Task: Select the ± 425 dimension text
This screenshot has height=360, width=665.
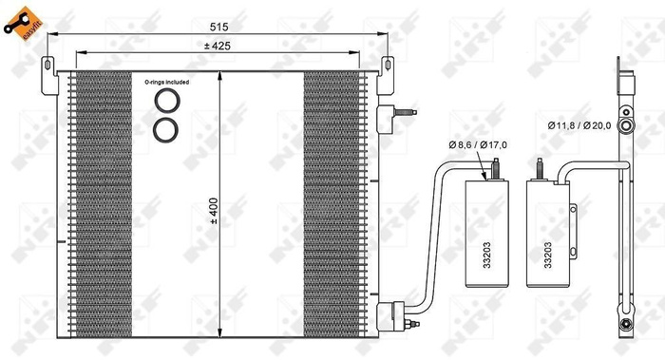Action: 219,46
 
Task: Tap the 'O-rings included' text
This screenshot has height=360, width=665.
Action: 167,83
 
